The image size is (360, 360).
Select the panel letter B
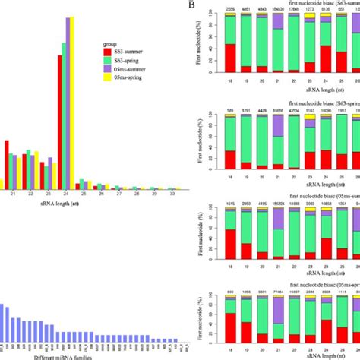click(x=194, y=8)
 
